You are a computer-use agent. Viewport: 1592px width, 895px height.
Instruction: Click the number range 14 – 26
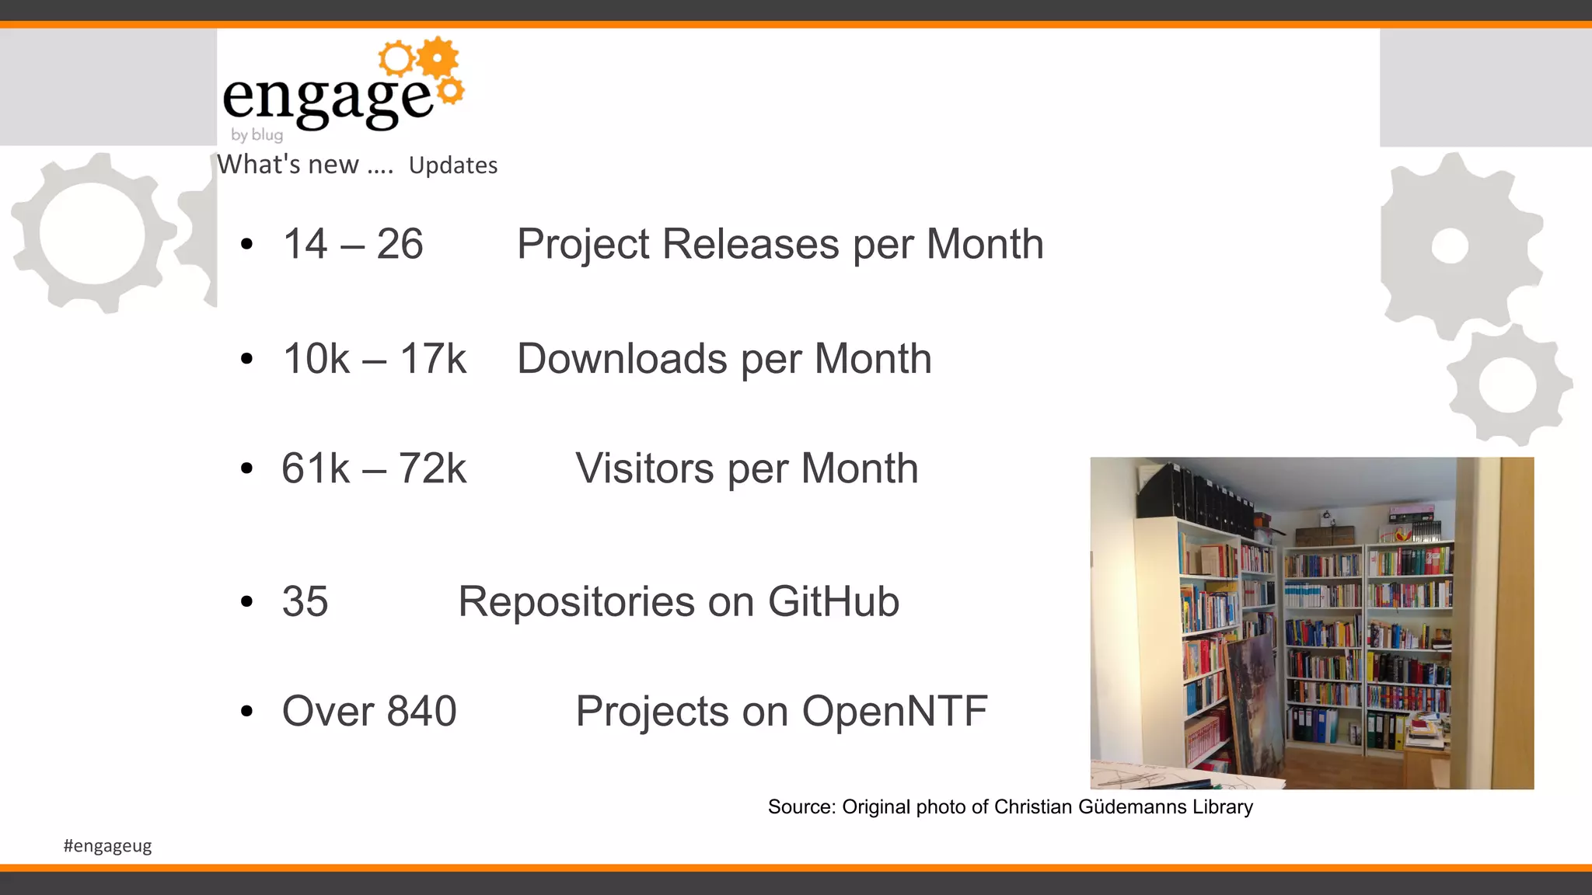[353, 244]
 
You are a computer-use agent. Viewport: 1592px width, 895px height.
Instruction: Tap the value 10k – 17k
[374, 359]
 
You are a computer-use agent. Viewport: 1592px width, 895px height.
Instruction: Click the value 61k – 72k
[373, 468]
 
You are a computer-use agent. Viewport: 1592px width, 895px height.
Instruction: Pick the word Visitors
[644, 468]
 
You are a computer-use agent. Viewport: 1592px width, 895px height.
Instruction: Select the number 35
[305, 601]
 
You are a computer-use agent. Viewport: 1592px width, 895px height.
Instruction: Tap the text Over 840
[369, 711]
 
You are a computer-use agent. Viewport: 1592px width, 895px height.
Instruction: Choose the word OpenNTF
[894, 711]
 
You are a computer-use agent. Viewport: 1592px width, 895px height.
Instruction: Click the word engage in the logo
[326, 98]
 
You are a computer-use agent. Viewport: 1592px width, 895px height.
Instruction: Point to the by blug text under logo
[257, 134]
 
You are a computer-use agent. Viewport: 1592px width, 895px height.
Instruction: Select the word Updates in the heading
[453, 165]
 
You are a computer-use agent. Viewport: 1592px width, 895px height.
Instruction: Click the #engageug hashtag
[107, 845]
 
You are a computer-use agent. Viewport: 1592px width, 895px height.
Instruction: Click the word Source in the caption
[801, 806]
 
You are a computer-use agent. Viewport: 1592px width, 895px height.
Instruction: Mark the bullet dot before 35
[247, 601]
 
